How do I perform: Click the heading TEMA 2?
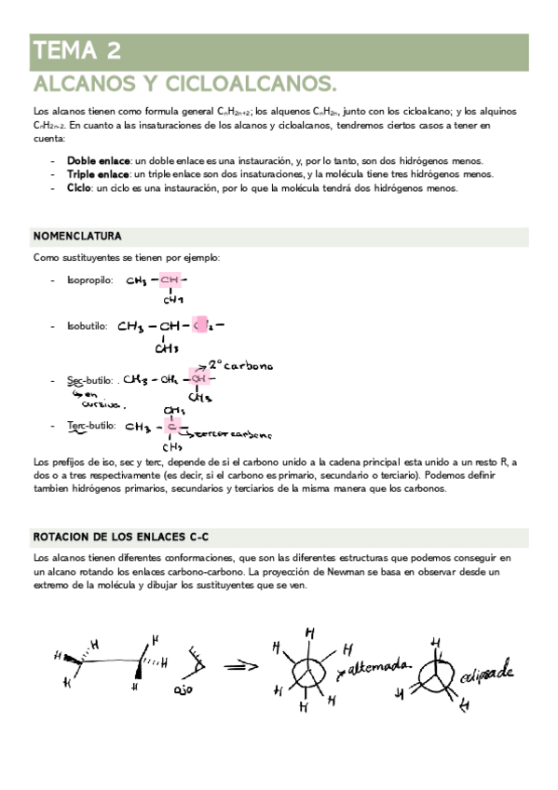pyautogui.click(x=75, y=49)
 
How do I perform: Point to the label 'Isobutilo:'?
pyautogui.click(x=88, y=327)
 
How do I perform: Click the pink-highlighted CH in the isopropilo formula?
pyautogui.click(x=170, y=279)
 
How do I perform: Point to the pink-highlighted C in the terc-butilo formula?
pyautogui.click(x=171, y=427)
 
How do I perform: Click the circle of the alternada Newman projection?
pyautogui.click(x=308, y=673)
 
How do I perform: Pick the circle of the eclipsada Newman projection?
pyautogui.click(x=436, y=674)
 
